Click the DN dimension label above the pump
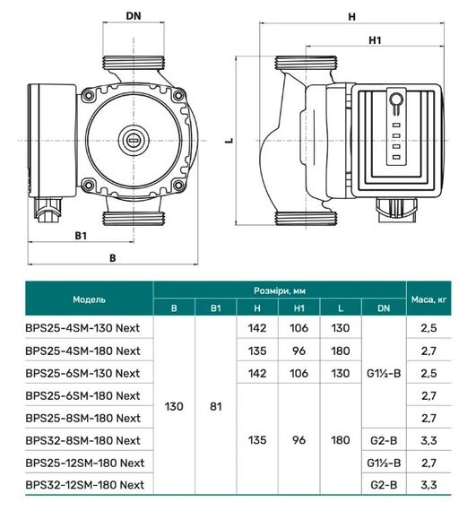click(x=133, y=16)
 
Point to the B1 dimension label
click(x=79, y=235)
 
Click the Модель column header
click(x=89, y=299)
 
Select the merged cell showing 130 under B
click(x=174, y=406)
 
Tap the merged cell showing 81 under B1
click(x=216, y=406)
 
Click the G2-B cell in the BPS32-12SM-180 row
click(x=384, y=485)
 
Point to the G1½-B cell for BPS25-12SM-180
click(x=384, y=463)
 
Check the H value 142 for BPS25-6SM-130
click(x=256, y=372)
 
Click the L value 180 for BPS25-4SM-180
click(x=340, y=350)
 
